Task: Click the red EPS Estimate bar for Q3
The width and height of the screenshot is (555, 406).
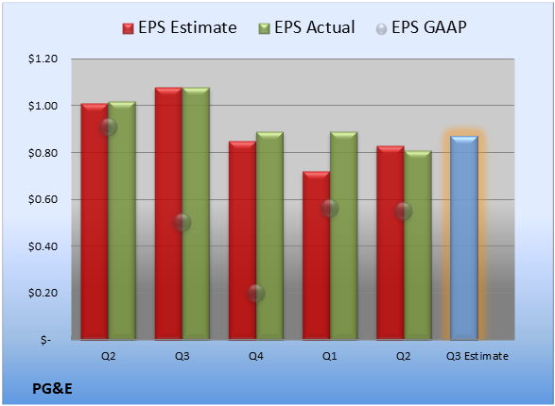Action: tap(168, 213)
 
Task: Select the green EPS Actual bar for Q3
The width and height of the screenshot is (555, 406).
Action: tap(196, 213)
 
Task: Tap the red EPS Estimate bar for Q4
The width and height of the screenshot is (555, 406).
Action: tap(242, 240)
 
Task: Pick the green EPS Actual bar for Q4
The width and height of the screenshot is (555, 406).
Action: tap(269, 236)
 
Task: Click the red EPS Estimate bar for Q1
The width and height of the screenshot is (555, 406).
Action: tap(317, 256)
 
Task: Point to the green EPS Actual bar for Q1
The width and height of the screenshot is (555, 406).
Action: tap(344, 236)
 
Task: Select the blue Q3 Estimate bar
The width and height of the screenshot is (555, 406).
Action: tap(464, 238)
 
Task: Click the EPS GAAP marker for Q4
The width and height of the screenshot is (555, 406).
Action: tap(255, 293)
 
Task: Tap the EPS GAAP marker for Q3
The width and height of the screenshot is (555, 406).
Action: tap(182, 222)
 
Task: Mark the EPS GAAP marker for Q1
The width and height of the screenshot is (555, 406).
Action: tap(330, 208)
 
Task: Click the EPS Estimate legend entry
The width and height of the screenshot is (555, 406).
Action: tap(180, 27)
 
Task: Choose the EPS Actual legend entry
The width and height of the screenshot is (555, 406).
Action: tap(307, 27)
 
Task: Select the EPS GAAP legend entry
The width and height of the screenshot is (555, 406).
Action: tap(421, 27)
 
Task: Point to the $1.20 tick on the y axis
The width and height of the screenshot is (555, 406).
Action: tap(43, 59)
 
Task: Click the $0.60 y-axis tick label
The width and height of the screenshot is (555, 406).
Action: tap(43, 199)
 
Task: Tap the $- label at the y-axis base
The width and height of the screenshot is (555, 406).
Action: tap(45, 340)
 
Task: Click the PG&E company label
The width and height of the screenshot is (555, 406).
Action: tap(52, 389)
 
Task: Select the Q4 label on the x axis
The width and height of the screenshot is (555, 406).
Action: tap(256, 356)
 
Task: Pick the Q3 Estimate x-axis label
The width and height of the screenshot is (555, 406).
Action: tap(477, 356)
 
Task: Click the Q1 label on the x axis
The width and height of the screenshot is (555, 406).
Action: tap(330, 356)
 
